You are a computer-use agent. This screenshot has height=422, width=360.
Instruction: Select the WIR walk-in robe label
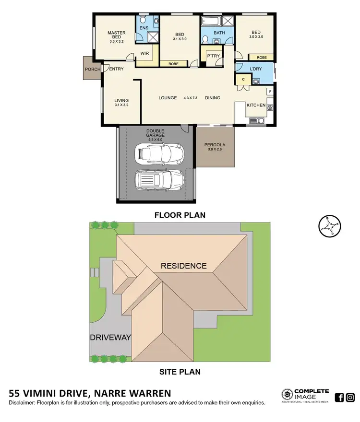point(144,53)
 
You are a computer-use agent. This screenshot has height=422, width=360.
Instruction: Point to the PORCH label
point(92,69)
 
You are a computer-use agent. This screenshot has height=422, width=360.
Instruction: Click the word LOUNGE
point(168,98)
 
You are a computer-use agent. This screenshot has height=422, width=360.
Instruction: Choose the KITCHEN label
point(255,105)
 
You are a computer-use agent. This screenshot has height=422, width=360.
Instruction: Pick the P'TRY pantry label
point(213,56)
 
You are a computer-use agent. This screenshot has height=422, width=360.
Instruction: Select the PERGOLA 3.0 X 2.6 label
point(215,147)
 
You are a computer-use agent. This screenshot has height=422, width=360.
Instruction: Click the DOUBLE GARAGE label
point(156,133)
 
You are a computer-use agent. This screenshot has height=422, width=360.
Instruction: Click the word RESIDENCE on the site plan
point(183,266)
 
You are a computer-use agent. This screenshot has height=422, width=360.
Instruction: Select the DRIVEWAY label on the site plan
point(110,338)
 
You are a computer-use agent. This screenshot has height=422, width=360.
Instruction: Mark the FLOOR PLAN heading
point(180,215)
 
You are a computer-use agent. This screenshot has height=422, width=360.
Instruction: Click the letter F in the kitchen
point(270,91)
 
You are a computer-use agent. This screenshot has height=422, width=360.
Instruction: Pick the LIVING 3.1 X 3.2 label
point(121,102)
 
